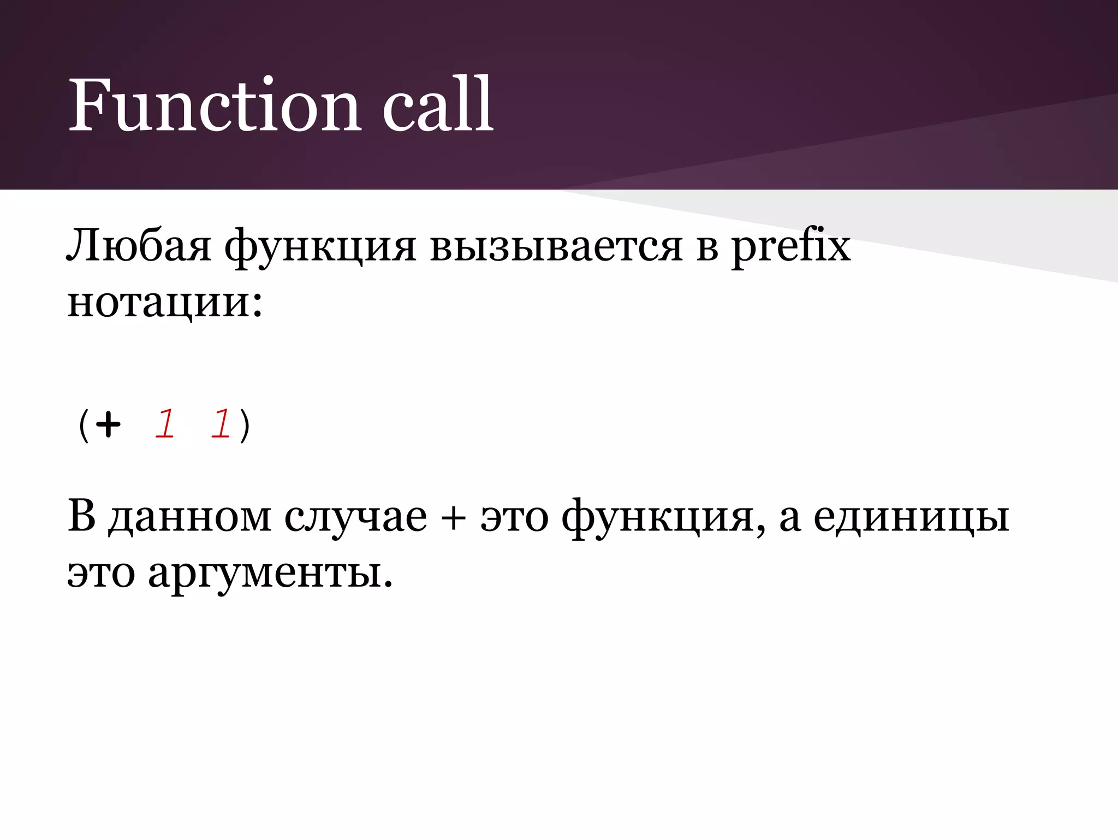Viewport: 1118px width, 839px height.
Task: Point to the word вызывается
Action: click(x=556, y=247)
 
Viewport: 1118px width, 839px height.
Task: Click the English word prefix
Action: click(x=791, y=247)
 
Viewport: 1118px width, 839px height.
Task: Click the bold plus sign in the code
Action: click(x=108, y=424)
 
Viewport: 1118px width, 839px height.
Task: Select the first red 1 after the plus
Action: click(x=164, y=424)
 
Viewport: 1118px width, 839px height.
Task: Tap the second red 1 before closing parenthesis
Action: click(x=221, y=424)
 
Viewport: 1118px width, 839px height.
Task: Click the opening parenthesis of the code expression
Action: click(x=83, y=426)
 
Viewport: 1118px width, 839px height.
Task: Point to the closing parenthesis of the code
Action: click(x=245, y=426)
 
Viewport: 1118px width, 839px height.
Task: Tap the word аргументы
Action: click(x=270, y=574)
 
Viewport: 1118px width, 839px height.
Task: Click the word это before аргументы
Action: click(x=101, y=574)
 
